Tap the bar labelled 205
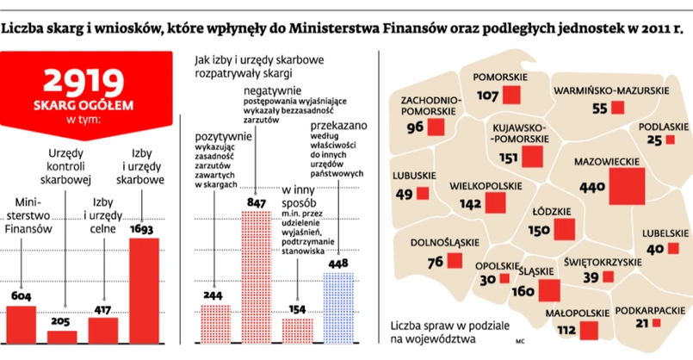click(x=62, y=336)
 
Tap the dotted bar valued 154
click(x=297, y=329)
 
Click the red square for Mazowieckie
click(x=627, y=186)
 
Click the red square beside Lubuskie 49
click(x=430, y=194)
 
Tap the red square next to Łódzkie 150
click(x=566, y=230)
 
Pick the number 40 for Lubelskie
click(x=655, y=249)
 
